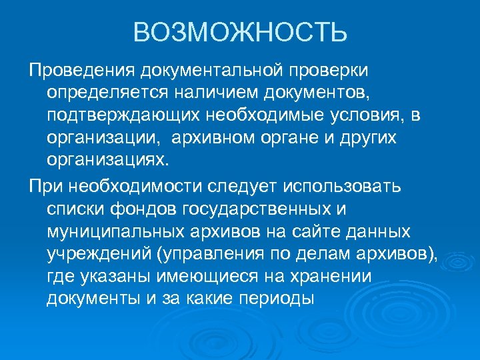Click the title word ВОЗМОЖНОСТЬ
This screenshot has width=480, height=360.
[x=240, y=32]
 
